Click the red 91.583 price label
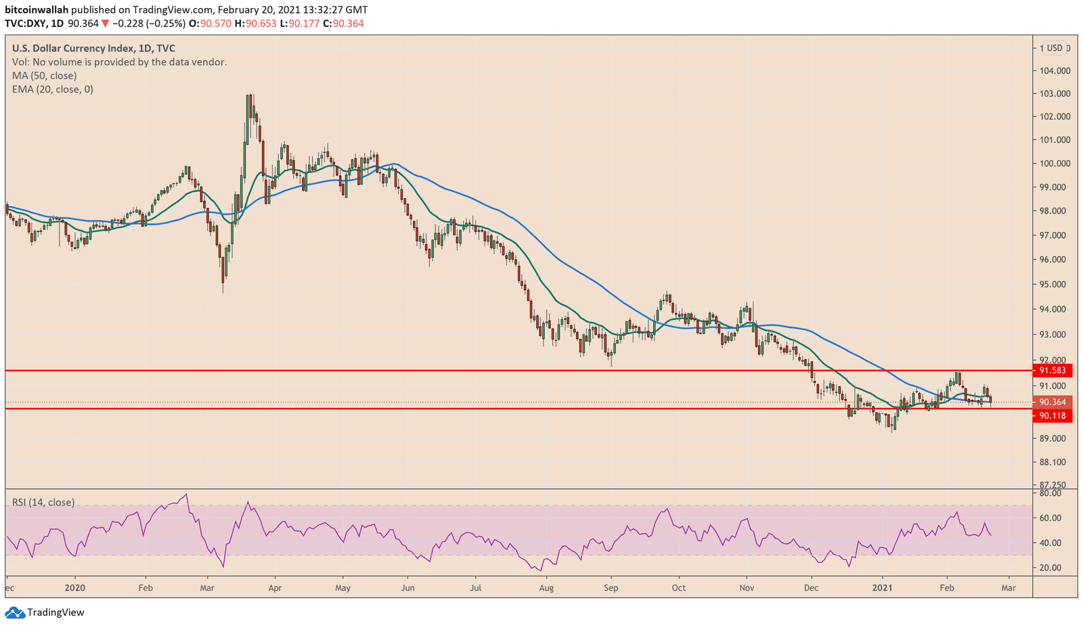[x=1053, y=370]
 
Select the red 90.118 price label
[x=1053, y=415]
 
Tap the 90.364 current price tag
[x=1053, y=402]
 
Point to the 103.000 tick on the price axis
[x=1055, y=93]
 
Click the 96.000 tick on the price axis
[x=1055, y=259]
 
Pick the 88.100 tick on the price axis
[x=1055, y=462]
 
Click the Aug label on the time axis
[x=546, y=588]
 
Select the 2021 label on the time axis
[x=883, y=588]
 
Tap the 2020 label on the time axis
[x=75, y=588]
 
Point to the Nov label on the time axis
[x=747, y=588]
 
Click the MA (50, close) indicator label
[x=44, y=76]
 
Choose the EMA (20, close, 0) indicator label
[x=53, y=89]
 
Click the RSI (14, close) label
[x=43, y=503]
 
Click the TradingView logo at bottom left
[x=45, y=612]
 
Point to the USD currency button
[x=1055, y=48]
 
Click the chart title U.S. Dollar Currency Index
[x=93, y=48]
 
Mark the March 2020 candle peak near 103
[x=250, y=96]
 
